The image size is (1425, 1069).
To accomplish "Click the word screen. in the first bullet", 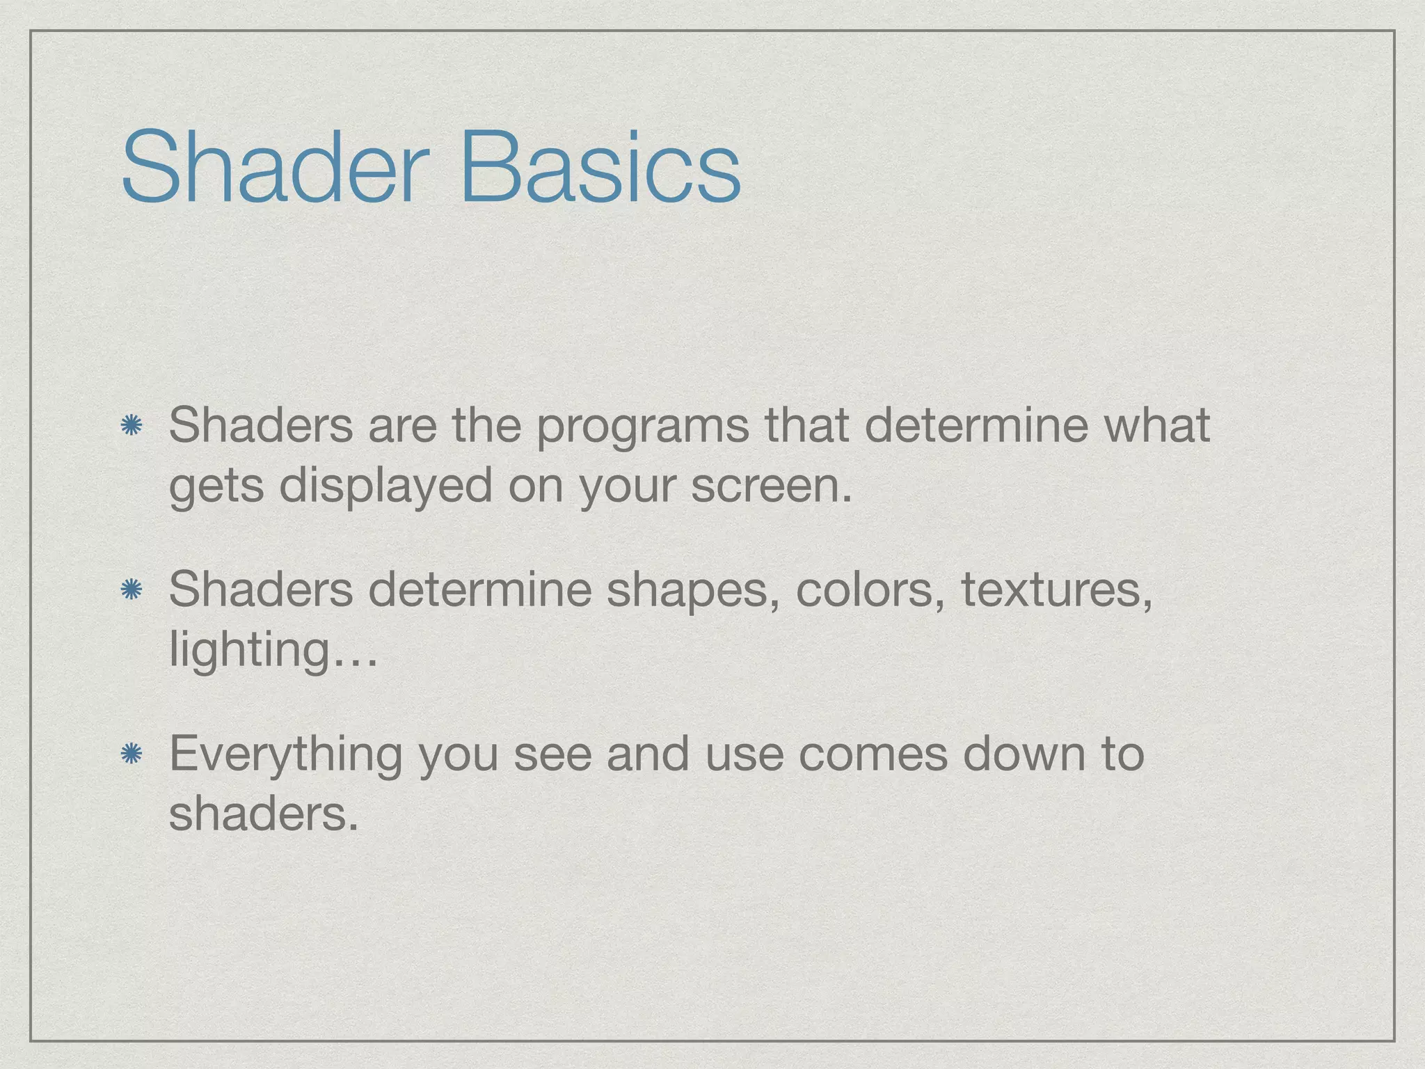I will (x=771, y=486).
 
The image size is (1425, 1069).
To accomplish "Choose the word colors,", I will (x=870, y=590).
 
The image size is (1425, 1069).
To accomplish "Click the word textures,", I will (x=1056, y=590).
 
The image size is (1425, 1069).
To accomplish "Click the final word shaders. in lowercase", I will (x=264, y=813).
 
